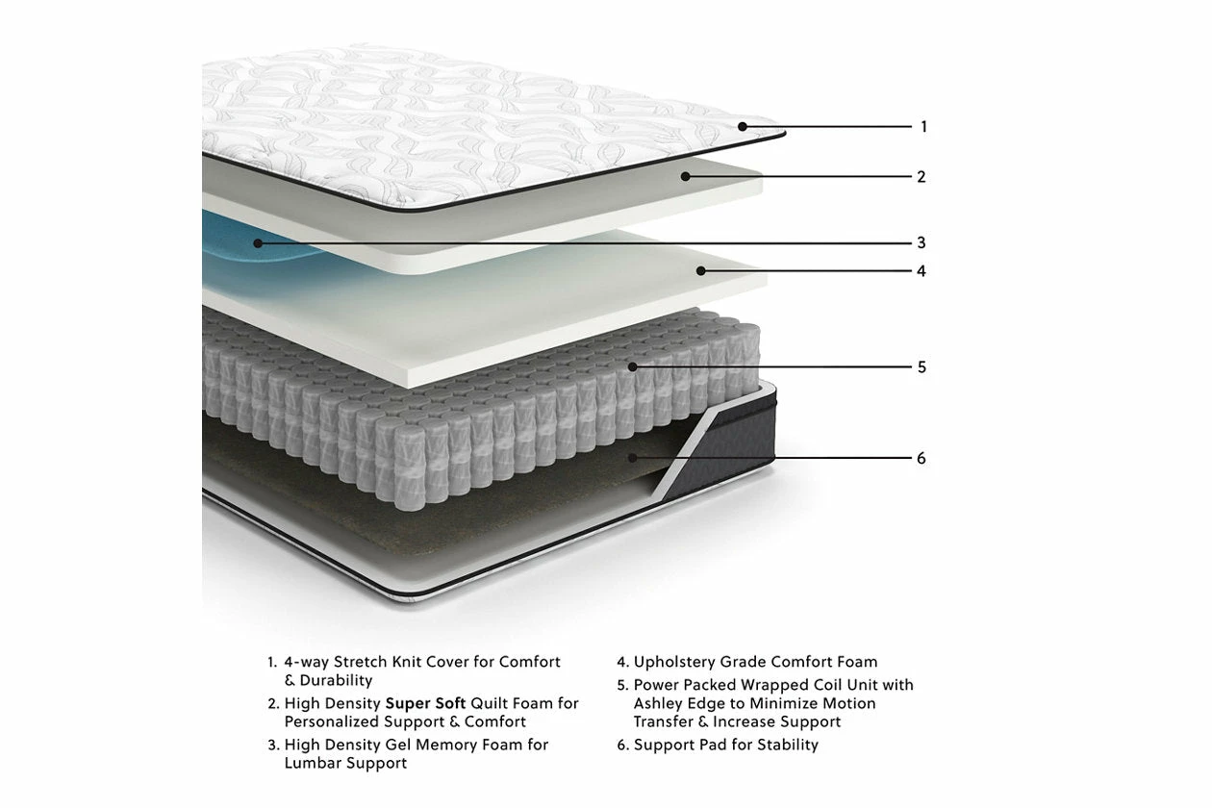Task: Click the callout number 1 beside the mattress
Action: [x=923, y=126]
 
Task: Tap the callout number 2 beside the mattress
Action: [x=922, y=176]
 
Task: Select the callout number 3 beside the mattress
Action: [x=922, y=242]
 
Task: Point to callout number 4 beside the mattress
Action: [x=922, y=270]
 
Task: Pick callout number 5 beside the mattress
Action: [x=922, y=366]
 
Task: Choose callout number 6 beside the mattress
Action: [x=922, y=458]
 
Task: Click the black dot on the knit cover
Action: [x=743, y=126]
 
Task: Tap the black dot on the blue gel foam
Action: [x=257, y=243]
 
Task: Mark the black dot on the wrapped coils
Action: [x=632, y=366]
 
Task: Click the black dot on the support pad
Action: [x=632, y=458]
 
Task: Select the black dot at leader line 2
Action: [x=685, y=176]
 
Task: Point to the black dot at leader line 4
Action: [x=701, y=270]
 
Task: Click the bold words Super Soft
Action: [x=425, y=703]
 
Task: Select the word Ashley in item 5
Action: [x=661, y=703]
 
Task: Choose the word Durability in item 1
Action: [x=337, y=680]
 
